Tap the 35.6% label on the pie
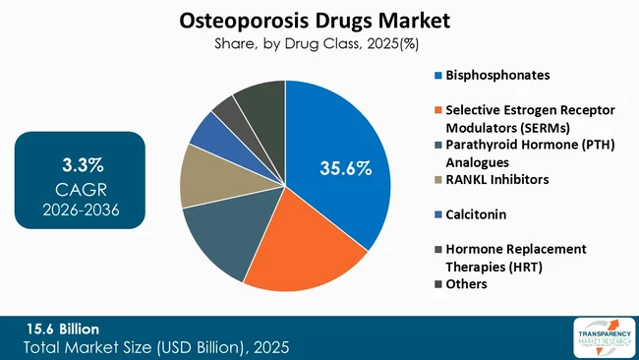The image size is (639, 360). (345, 168)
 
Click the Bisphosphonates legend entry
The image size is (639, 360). (497, 75)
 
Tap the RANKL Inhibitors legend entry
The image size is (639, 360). (497, 180)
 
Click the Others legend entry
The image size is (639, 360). (467, 284)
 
